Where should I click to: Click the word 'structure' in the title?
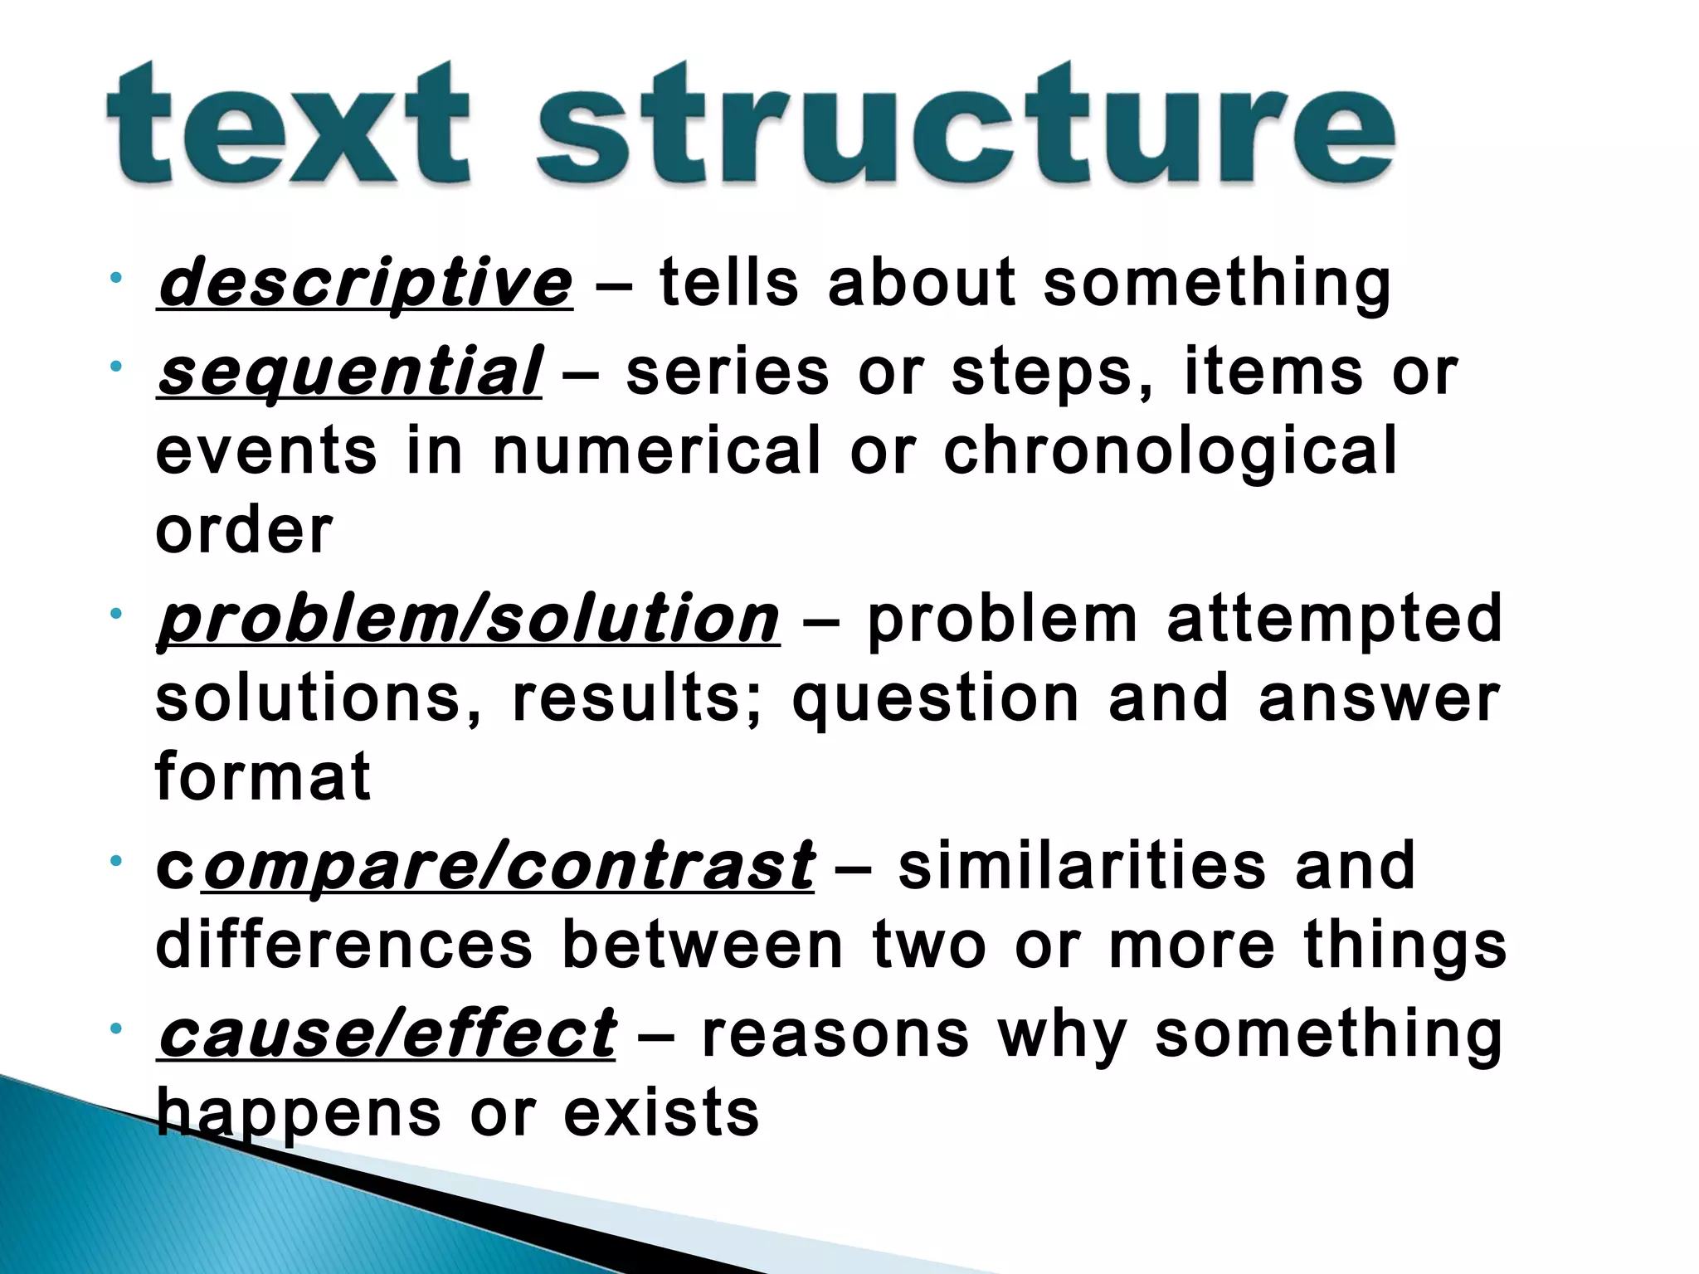(966, 124)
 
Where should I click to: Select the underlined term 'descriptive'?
(365, 284)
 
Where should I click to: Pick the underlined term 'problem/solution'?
(468, 620)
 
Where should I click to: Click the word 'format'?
(262, 777)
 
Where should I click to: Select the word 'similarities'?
(1082, 867)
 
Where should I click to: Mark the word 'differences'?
(343, 946)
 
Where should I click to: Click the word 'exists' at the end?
(661, 1113)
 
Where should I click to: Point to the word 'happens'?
(299, 1113)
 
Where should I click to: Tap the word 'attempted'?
(1335, 620)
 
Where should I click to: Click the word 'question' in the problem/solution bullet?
(936, 699)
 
